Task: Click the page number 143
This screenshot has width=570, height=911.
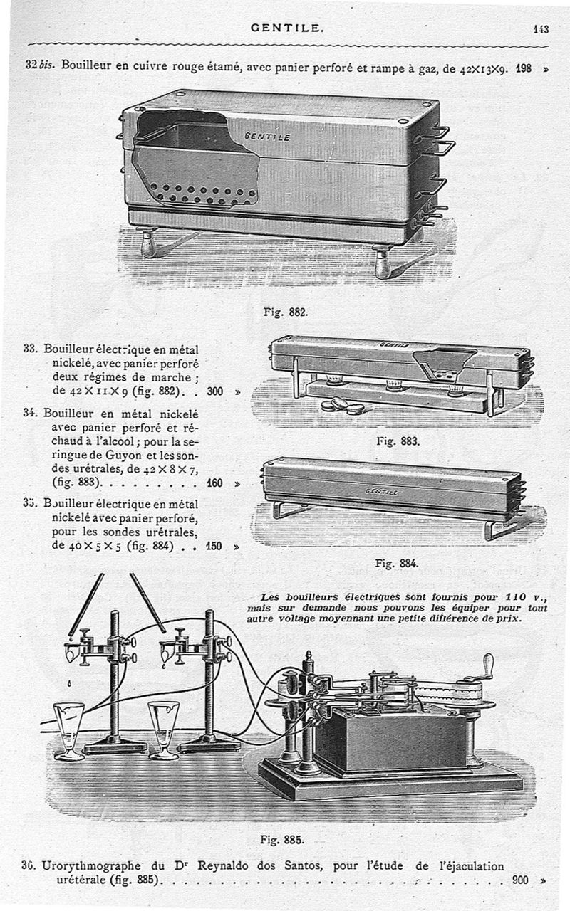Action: point(540,29)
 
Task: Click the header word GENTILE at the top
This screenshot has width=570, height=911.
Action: point(287,28)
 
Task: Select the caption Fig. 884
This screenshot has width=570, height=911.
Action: point(395,564)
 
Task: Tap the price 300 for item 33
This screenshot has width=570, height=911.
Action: point(215,391)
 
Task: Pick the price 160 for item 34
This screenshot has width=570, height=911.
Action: point(214,483)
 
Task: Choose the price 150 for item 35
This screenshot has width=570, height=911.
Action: point(214,547)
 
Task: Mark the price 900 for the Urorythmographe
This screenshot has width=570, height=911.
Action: point(520,880)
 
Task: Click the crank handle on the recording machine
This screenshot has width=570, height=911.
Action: point(488,668)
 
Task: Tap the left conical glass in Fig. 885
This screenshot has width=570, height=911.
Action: point(68,730)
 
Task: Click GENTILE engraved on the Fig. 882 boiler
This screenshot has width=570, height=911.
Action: point(267,136)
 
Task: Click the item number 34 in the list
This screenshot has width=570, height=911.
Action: point(30,412)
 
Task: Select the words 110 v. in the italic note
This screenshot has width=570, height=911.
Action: point(524,596)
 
